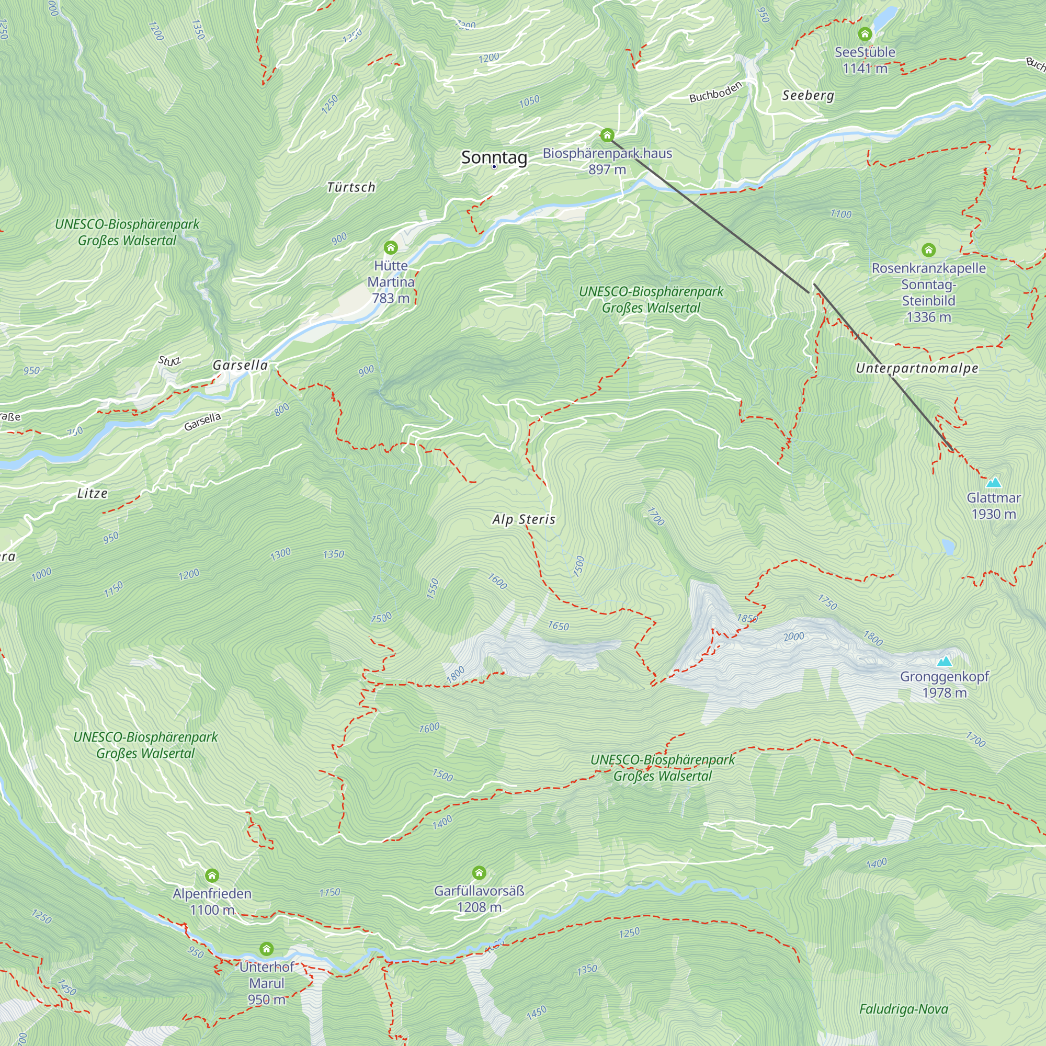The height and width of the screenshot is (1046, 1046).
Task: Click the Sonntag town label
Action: coord(494,157)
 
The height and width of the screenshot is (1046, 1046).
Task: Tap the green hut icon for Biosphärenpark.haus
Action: coord(607,135)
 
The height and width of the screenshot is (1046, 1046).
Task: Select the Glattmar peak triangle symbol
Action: coord(993,482)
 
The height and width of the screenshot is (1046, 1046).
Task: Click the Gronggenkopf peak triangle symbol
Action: coord(944,661)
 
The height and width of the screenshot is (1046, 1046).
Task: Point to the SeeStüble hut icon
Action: coord(865,34)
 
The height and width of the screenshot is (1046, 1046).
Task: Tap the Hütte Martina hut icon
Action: coord(390,248)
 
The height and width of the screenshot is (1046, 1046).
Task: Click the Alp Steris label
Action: coord(524,519)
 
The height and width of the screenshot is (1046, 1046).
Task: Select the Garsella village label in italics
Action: coord(240,366)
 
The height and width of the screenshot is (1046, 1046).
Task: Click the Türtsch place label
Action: coord(351,187)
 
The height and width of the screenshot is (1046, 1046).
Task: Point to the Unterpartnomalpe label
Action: coord(917,368)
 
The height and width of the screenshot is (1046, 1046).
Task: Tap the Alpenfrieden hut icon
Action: coord(212,876)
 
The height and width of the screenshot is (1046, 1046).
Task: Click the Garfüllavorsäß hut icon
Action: coord(479,873)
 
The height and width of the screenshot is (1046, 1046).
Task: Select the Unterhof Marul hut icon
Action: coord(266,949)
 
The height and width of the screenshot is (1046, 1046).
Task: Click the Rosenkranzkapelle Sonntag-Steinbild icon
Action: coord(928,249)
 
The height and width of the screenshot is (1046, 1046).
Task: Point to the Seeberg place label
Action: coord(808,95)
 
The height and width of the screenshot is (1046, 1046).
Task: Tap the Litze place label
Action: coord(92,493)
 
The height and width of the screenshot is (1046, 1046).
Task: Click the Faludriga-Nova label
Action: coord(904,1009)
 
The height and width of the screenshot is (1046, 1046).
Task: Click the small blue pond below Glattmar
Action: coord(948,547)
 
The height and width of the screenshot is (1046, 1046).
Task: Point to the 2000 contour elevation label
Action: coord(794,636)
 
